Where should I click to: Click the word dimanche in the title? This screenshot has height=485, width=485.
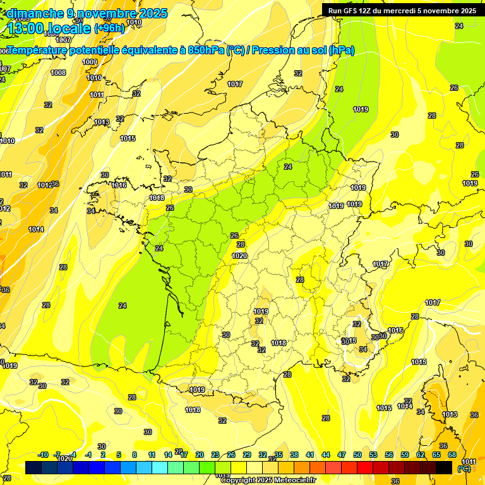(x=33, y=13)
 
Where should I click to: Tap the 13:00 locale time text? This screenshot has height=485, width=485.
(x=49, y=28)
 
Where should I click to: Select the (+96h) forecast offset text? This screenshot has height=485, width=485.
(x=109, y=28)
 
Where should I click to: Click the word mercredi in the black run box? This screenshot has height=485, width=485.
(x=406, y=11)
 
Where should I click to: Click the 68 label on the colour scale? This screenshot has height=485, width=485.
(x=452, y=455)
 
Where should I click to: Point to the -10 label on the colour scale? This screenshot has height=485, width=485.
(x=43, y=455)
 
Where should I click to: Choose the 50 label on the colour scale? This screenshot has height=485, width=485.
(x=357, y=455)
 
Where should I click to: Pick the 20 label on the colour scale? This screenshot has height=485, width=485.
(x=200, y=455)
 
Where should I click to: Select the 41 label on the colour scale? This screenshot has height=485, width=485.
(x=310, y=455)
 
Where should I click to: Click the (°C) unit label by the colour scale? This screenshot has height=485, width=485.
(x=464, y=468)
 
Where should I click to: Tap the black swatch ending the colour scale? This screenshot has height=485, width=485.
(x=444, y=467)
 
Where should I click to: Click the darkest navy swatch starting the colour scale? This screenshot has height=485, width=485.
(x=33, y=467)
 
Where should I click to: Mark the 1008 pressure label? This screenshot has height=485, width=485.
(x=58, y=73)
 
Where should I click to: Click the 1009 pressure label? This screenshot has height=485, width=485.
(x=90, y=62)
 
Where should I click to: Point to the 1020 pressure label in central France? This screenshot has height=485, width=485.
(x=239, y=256)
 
